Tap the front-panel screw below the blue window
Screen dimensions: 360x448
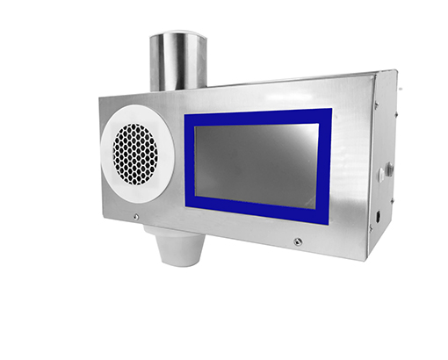(298, 241)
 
